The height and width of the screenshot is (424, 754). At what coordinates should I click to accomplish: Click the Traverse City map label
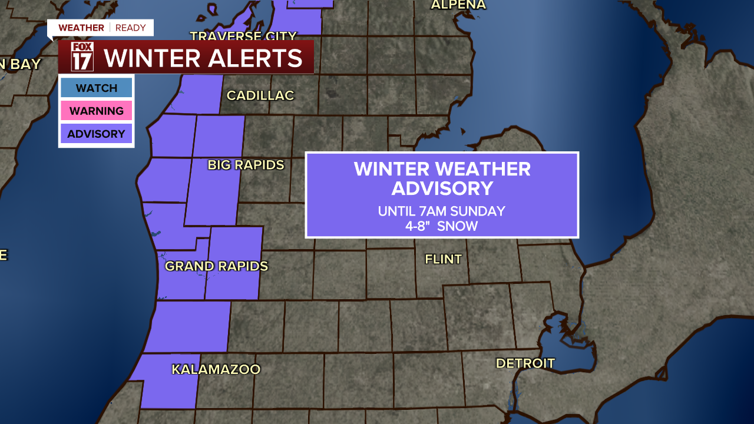243,36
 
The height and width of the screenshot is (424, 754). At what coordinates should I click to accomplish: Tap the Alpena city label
458,5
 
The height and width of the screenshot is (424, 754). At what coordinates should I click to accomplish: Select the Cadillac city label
260,95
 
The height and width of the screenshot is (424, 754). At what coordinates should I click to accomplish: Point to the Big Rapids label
246,165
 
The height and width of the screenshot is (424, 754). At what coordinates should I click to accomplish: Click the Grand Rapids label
216,266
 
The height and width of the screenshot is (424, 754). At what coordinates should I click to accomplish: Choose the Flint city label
443,259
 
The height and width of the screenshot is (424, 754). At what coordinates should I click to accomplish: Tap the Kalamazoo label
216,369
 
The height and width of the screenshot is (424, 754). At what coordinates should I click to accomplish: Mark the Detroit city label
525,363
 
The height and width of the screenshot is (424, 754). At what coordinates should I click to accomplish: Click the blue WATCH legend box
96,88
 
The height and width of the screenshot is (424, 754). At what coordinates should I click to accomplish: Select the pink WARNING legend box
96,111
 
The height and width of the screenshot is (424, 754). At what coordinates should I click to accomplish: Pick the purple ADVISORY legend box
96,134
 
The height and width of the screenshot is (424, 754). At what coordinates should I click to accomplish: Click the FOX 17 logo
82,57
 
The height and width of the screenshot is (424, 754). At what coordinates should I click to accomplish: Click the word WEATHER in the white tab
81,28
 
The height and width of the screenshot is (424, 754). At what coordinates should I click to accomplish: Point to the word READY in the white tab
130,28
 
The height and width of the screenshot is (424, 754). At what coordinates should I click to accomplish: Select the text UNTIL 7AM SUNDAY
441,211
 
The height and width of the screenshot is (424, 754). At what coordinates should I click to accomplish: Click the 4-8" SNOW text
441,226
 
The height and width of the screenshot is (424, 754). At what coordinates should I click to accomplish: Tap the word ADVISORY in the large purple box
442,188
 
